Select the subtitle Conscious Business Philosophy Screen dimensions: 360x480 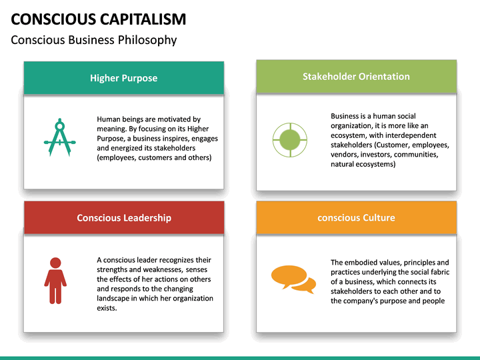click(x=94, y=40)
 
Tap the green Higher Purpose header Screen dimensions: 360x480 click(x=124, y=78)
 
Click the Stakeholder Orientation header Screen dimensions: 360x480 click(x=356, y=76)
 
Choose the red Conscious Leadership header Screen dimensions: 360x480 click(x=124, y=218)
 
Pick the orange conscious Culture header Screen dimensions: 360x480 click(x=356, y=217)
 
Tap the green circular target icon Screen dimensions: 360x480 click(x=289, y=139)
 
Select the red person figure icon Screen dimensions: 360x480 click(x=55, y=281)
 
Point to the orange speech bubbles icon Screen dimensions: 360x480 click(x=293, y=279)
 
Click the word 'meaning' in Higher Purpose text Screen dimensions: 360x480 click(x=111, y=129)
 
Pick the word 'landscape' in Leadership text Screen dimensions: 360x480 click(x=114, y=298)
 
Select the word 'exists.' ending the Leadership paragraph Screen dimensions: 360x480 click(x=107, y=308)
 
